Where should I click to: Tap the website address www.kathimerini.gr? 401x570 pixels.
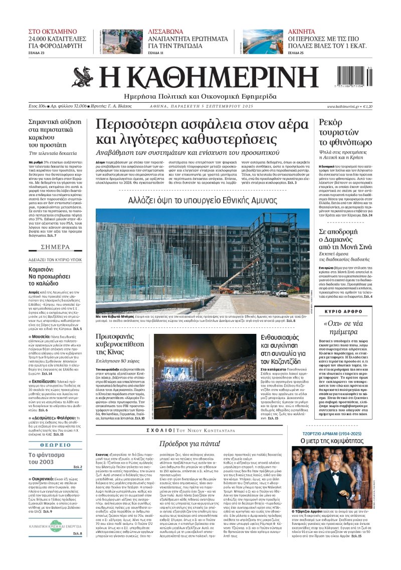[x=346, y=107]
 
